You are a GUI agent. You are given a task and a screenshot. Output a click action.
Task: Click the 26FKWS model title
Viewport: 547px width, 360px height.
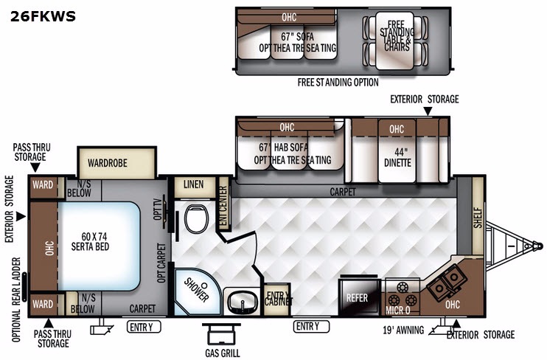coord(43,16)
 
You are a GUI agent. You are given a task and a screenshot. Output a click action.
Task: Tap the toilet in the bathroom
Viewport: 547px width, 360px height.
coord(196,219)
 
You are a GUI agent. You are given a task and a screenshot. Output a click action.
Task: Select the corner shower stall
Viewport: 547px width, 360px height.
coord(197,292)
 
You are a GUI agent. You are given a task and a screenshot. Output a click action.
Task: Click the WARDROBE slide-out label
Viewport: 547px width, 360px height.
coord(108,163)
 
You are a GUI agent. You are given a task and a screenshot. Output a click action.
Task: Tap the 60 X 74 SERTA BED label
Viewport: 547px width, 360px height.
coord(91,242)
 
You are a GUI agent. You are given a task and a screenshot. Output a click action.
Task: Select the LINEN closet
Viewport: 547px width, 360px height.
coord(194,187)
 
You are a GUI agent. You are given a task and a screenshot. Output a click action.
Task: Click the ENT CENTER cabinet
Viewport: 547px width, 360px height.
coord(223,204)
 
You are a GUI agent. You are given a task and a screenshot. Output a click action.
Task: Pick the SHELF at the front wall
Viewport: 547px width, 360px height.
coord(478,215)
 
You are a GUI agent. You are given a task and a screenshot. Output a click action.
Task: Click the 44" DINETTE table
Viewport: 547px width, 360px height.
coord(397,150)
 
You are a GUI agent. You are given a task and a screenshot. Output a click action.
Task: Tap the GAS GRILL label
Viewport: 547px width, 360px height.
coord(223,353)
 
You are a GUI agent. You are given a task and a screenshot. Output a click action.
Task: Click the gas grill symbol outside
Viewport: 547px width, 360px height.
coord(221,334)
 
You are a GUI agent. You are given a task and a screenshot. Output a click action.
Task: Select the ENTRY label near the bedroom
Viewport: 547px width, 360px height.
coord(143,327)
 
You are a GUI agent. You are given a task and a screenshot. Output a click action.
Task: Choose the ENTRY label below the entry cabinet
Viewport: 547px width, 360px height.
coord(311,326)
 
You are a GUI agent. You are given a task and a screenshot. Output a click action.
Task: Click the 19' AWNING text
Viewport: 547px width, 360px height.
coord(403,330)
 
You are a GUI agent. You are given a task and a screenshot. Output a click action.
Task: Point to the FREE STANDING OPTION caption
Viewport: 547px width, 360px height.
coord(338,83)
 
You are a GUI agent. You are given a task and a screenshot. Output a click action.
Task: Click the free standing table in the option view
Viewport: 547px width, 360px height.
coord(395,40)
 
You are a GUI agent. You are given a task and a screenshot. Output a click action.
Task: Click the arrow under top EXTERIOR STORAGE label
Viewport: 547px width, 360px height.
coord(428,111)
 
